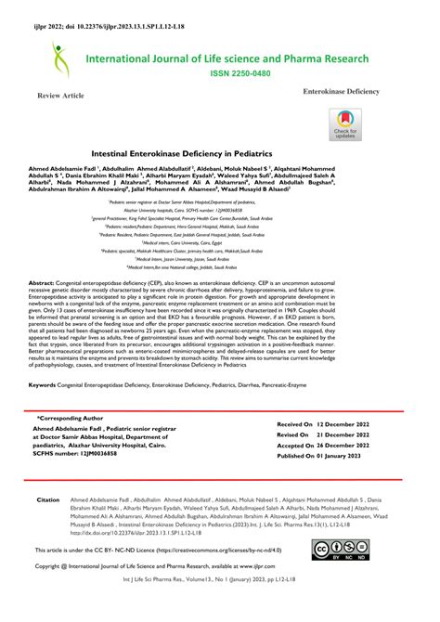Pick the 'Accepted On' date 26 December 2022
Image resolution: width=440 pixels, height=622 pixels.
tap(350, 446)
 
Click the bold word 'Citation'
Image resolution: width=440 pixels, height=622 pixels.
tap(48, 499)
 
